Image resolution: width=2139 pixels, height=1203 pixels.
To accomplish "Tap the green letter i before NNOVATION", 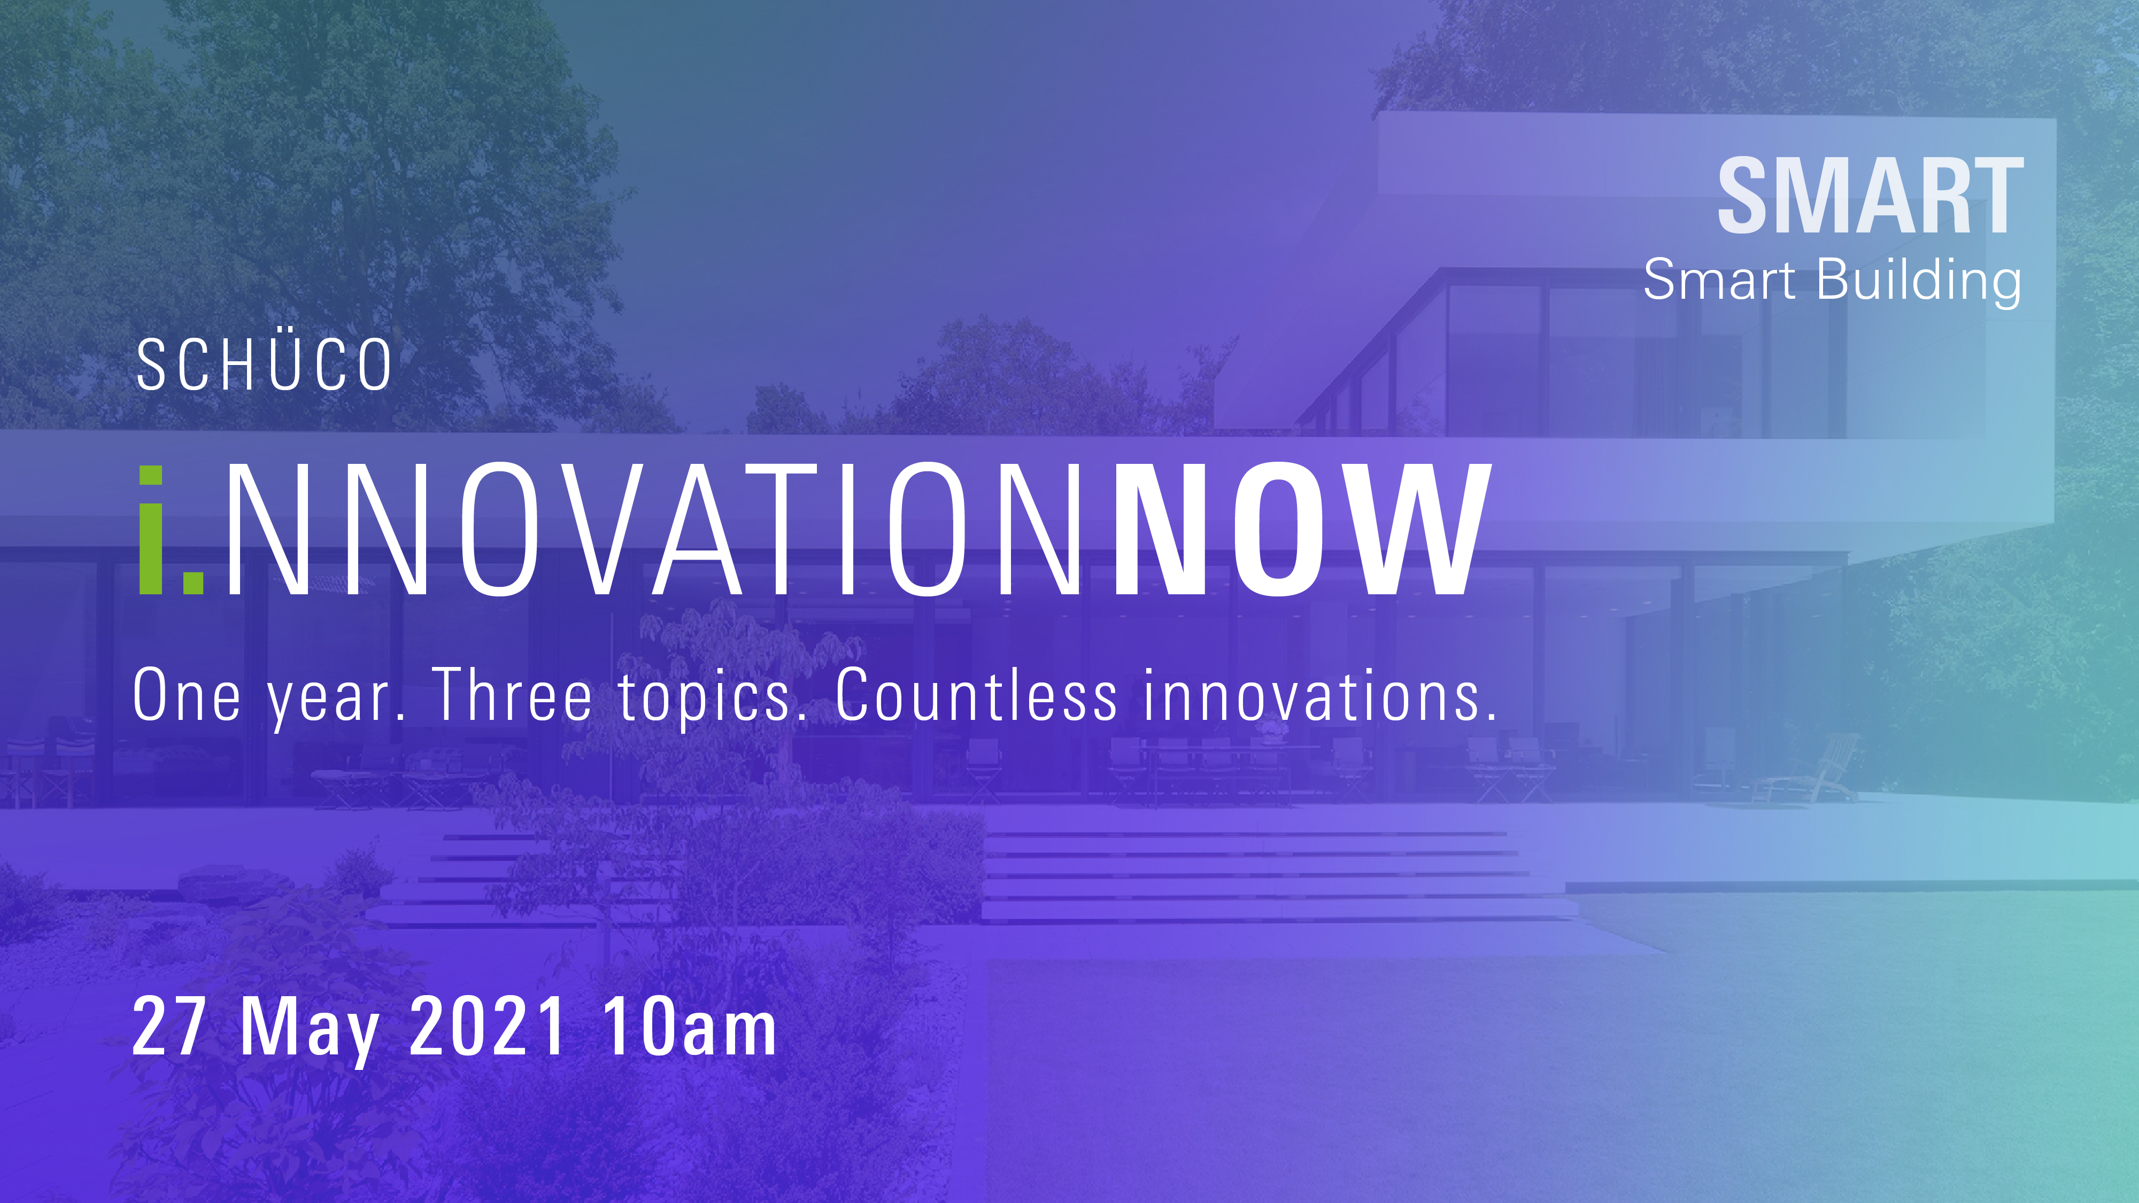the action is (151, 530).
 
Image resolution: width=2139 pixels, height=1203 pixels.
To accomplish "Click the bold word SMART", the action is (1870, 196).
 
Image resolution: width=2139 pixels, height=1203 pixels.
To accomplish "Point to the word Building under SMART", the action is (1919, 281).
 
